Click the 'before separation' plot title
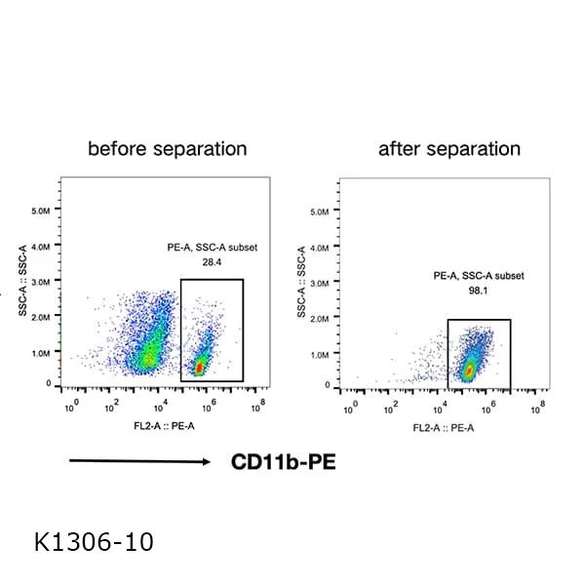(x=167, y=149)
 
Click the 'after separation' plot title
(x=449, y=149)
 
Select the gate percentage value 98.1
(x=479, y=290)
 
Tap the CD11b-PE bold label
(x=283, y=461)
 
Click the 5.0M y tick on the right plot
(x=320, y=210)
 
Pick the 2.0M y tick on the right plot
(x=320, y=318)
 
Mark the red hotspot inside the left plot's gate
(x=200, y=368)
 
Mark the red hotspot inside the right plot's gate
(x=469, y=371)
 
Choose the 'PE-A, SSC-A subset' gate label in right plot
(x=479, y=276)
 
